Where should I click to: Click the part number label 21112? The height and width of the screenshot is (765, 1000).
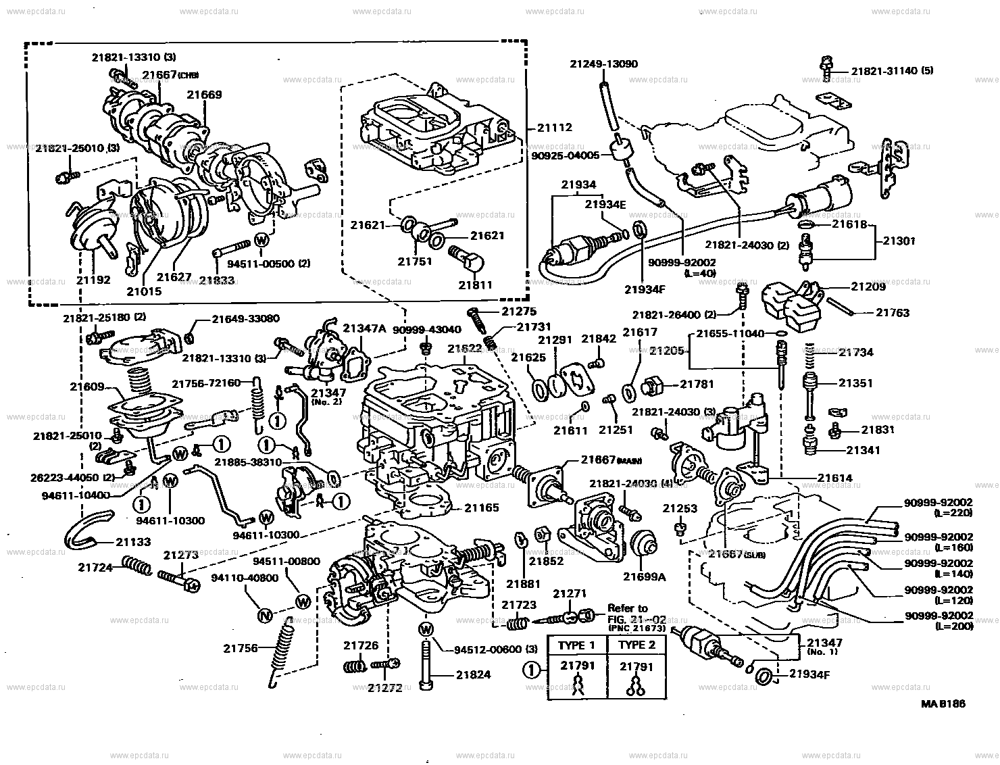click(555, 127)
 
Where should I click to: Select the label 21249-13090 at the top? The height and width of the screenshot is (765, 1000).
click(603, 64)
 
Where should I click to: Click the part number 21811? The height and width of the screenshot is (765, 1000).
click(476, 285)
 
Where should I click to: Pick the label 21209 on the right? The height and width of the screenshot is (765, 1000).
click(867, 287)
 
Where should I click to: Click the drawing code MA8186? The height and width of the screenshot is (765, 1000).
click(943, 704)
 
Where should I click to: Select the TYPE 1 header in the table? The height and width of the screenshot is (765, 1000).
click(576, 645)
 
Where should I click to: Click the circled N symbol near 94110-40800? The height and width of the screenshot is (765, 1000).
click(265, 615)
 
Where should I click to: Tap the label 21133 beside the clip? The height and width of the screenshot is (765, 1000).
click(133, 542)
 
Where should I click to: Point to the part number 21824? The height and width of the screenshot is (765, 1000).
click(473, 674)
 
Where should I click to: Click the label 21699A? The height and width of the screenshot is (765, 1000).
click(644, 576)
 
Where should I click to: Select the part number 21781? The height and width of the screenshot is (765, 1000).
click(697, 385)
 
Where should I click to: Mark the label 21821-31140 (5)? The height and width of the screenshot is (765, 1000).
click(892, 70)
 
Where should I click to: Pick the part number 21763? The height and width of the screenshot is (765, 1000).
click(893, 313)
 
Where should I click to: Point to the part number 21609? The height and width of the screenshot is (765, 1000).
click(87, 387)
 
